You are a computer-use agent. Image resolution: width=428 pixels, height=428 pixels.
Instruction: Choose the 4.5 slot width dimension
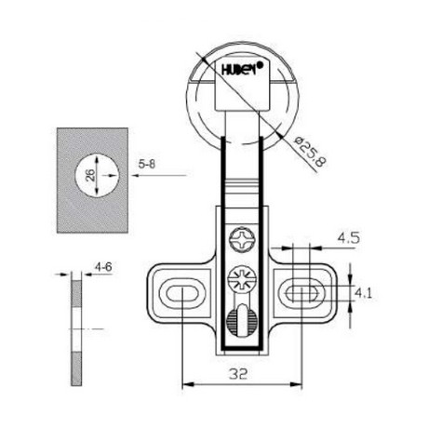[x=348, y=237]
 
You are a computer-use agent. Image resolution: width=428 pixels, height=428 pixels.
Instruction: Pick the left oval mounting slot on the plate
[x=181, y=292]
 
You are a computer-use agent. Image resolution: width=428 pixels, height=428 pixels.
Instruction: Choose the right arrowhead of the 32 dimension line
[x=298, y=383]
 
